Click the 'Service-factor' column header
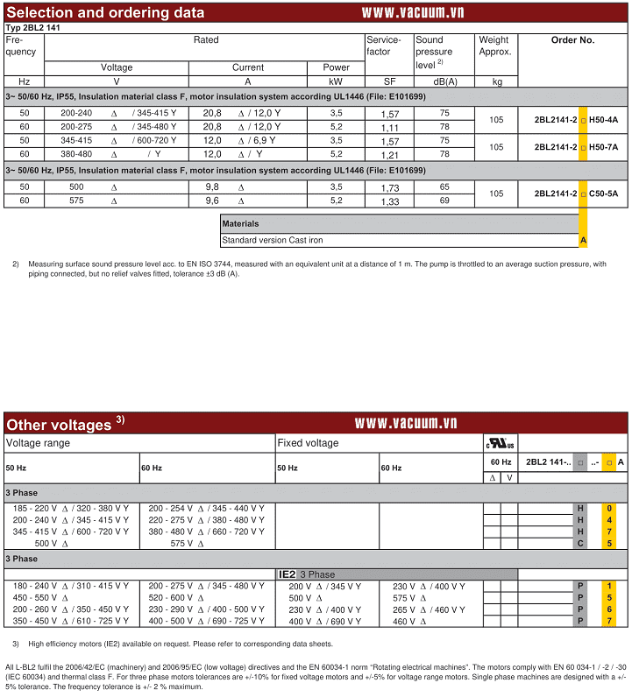pyautogui.click(x=384, y=46)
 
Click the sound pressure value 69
pyautogui.click(x=444, y=201)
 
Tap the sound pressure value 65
pyautogui.click(x=444, y=187)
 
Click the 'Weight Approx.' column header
pyautogui.click(x=494, y=46)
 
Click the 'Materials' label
pyautogui.click(x=240, y=224)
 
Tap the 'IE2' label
pyautogui.click(x=287, y=574)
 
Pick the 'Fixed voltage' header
pyautogui.click(x=308, y=443)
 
